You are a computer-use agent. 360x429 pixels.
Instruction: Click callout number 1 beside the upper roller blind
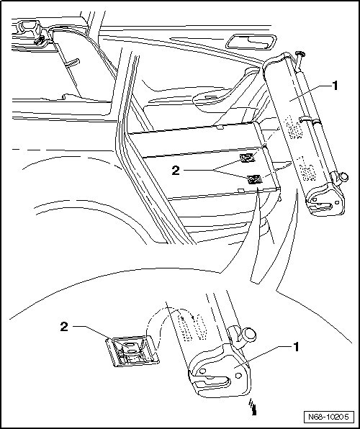coord(335,86)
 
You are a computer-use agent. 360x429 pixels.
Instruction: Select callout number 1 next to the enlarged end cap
coord(296,347)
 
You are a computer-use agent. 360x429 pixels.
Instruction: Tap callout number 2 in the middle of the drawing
coord(176,171)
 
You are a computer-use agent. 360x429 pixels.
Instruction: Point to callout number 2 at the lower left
coord(64,327)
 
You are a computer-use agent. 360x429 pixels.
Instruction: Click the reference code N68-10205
coord(328,417)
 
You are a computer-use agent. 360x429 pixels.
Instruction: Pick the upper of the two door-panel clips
coord(247,158)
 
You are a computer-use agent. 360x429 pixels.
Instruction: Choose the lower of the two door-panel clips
coord(255,179)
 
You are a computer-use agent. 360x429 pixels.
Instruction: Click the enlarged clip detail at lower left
coord(132,351)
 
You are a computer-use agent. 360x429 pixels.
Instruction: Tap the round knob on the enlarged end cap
coord(249,334)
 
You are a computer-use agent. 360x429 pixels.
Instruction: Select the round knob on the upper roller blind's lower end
coord(343,177)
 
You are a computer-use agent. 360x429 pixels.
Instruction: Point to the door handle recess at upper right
coord(251,42)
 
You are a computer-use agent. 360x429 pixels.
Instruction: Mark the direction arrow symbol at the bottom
coord(253,407)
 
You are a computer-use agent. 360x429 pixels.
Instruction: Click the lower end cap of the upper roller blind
coord(325,199)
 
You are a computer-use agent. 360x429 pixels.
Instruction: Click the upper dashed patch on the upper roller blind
coord(294,127)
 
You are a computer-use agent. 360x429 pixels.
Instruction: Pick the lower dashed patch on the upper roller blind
coord(307,169)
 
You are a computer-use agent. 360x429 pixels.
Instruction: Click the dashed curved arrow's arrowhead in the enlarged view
coord(193,317)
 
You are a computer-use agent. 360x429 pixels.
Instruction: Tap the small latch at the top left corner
coord(39,40)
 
